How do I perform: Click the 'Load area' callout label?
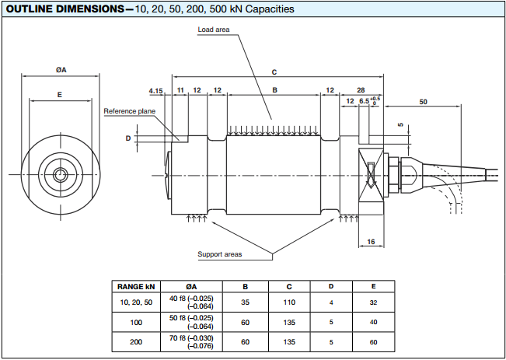[215, 30]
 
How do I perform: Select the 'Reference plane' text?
[130, 110]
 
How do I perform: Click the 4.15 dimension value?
[155, 91]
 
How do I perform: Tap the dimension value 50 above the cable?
[423, 102]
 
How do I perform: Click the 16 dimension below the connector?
[370, 243]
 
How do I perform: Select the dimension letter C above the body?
[274, 72]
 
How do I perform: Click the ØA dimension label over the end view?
[61, 70]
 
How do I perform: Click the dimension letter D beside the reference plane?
[128, 138]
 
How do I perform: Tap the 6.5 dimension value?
[364, 102]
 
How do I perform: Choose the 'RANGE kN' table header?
[136, 285]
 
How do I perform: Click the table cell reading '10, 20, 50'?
[136, 301]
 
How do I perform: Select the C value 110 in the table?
[289, 301]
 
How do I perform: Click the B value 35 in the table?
[246, 301]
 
